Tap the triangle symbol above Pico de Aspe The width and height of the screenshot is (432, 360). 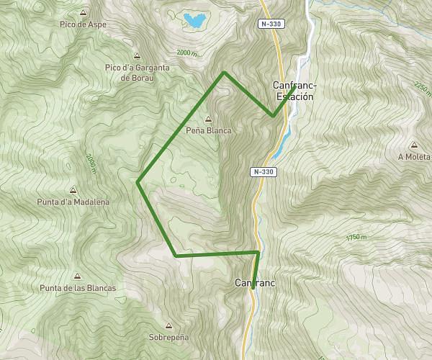[84, 14]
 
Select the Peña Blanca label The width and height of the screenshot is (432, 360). [208, 130]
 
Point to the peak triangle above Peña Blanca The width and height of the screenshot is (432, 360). [209, 120]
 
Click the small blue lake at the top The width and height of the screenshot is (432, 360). [192, 20]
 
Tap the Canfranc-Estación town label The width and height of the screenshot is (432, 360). [294, 91]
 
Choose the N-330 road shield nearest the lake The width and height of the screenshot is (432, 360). [271, 24]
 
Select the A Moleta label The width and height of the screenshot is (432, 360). [413, 156]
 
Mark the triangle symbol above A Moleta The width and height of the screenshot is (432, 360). [414, 145]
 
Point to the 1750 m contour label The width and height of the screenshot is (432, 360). [356, 237]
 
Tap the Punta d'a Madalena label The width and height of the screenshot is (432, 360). [73, 202]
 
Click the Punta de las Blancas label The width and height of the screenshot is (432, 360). [78, 288]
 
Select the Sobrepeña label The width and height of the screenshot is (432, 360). [168, 337]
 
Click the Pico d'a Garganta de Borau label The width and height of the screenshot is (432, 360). [137, 72]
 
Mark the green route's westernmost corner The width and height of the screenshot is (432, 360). [138, 181]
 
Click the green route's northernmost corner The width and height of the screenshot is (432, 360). [225, 73]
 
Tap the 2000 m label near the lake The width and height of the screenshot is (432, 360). [186, 53]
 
